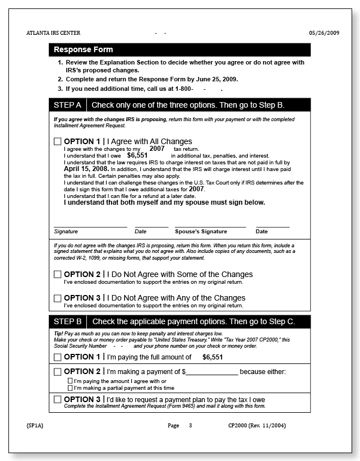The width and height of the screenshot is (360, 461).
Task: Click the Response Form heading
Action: click(83, 50)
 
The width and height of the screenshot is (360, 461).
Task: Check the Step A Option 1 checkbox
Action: click(58, 142)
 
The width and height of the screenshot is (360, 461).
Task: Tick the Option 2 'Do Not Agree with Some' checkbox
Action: click(58, 275)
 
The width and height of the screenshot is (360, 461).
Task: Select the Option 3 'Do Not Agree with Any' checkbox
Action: click(58, 298)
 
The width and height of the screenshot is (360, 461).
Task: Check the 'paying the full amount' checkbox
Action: click(58, 357)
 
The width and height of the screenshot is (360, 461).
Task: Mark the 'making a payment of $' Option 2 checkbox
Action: click(58, 372)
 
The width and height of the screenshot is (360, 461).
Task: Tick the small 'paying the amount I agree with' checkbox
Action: click(70, 381)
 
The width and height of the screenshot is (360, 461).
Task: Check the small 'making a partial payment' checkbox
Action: click(70, 388)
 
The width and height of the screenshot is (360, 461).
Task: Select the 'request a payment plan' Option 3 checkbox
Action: click(58, 400)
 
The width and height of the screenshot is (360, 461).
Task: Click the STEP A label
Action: click(67, 105)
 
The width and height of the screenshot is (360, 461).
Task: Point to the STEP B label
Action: click(67, 322)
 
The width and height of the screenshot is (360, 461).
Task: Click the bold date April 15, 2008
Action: click(86, 168)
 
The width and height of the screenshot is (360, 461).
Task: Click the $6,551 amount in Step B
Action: click(213, 357)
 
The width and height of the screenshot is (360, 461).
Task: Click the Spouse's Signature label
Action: click(201, 232)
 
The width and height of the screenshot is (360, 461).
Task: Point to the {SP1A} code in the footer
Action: click(35, 426)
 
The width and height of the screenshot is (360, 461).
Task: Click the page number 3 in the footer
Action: click(190, 426)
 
